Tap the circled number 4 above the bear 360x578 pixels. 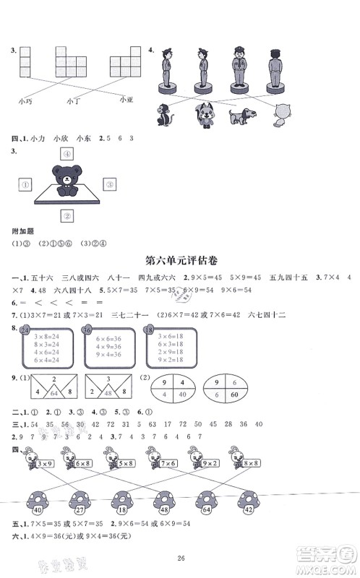67,153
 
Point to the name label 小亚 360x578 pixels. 127,100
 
